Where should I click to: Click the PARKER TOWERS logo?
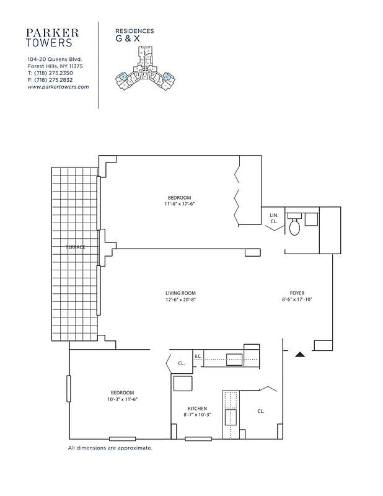(x=52, y=37)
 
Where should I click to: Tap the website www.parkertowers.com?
(x=58, y=87)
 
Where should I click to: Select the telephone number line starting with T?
(x=50, y=73)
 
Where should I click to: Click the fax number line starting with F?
(x=50, y=80)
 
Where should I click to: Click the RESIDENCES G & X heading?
(x=134, y=35)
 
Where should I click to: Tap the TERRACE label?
(x=75, y=247)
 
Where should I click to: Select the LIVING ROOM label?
(x=180, y=293)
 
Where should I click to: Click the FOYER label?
(x=297, y=293)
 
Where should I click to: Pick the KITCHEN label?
(x=198, y=409)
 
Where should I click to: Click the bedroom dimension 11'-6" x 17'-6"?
(x=180, y=204)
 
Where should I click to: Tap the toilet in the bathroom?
(x=295, y=227)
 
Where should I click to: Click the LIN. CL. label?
(x=274, y=218)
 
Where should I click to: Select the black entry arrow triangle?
(x=300, y=355)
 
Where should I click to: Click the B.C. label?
(x=198, y=356)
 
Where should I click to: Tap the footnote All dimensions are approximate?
(x=110, y=447)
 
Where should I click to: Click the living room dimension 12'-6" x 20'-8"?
(x=180, y=300)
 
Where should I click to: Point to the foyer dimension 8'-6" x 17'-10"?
(x=297, y=300)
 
